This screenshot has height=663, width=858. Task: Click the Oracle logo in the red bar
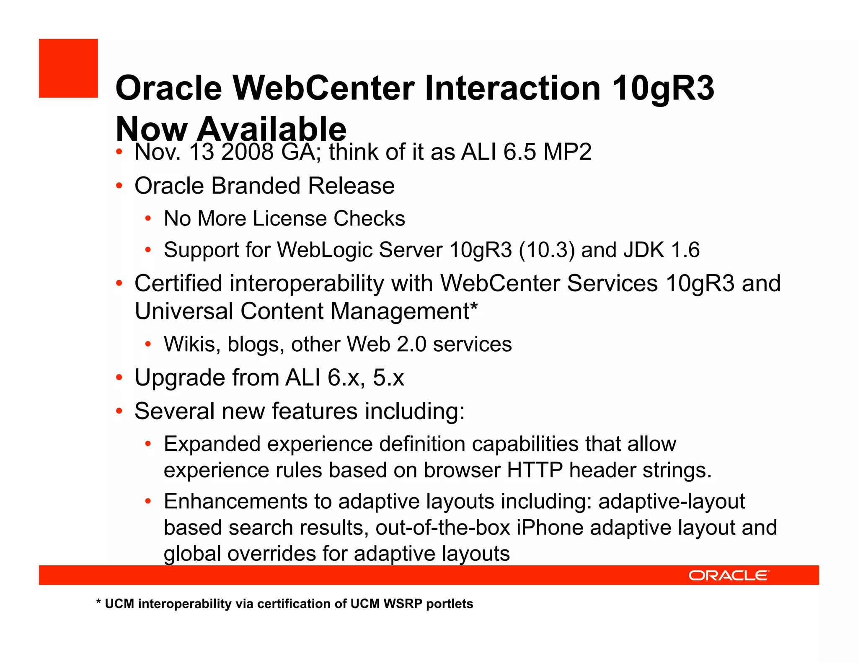(x=729, y=575)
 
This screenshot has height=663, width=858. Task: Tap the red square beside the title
(x=68, y=68)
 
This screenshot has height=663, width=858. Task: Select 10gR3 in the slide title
(x=663, y=89)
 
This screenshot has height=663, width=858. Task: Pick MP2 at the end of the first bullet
(x=567, y=152)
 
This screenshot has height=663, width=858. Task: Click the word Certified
(x=178, y=283)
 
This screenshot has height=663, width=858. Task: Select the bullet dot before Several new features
(x=119, y=411)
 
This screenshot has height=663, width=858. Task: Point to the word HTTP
(x=535, y=470)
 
